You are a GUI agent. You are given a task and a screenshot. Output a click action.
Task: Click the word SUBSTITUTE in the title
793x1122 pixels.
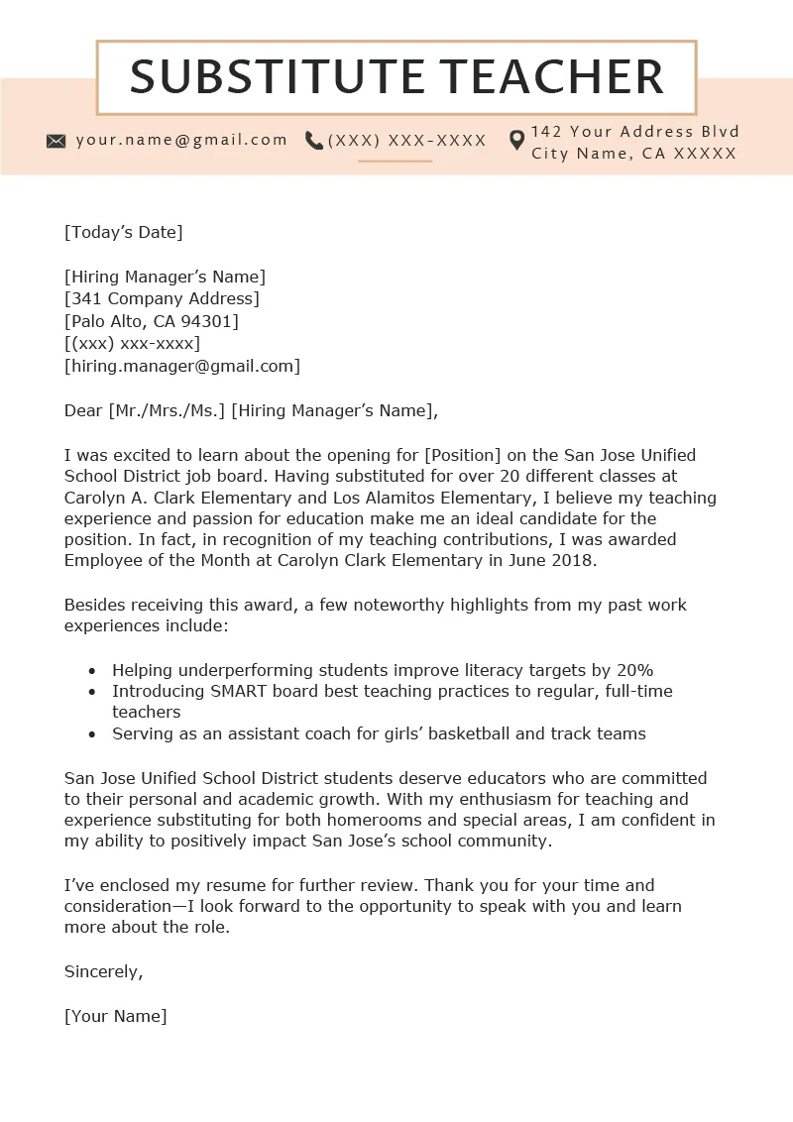[x=277, y=77]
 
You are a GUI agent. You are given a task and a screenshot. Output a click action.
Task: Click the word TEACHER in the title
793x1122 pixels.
[x=553, y=77]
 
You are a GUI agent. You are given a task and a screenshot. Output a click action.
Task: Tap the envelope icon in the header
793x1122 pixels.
[x=57, y=141]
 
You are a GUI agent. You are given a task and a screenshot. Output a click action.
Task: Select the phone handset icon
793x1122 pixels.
[x=314, y=141]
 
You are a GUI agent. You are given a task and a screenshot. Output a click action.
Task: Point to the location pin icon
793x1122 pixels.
[x=516, y=141]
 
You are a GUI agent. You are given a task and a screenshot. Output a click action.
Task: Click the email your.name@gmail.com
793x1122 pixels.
[x=181, y=140]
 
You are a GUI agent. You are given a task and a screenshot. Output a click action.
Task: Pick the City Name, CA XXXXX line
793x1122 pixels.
[x=634, y=153]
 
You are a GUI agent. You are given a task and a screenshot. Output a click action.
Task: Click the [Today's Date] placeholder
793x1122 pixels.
[x=124, y=232]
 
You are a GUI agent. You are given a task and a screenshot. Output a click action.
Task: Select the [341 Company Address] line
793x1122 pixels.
[x=162, y=298]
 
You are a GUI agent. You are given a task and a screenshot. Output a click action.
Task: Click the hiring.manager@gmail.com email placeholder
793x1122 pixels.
[x=182, y=366]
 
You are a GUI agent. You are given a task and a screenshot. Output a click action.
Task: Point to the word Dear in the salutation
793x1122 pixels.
[x=83, y=410]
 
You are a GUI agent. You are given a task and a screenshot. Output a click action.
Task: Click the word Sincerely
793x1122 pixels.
[x=103, y=971]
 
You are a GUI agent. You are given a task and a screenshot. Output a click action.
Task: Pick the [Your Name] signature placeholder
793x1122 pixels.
[x=116, y=1016]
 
